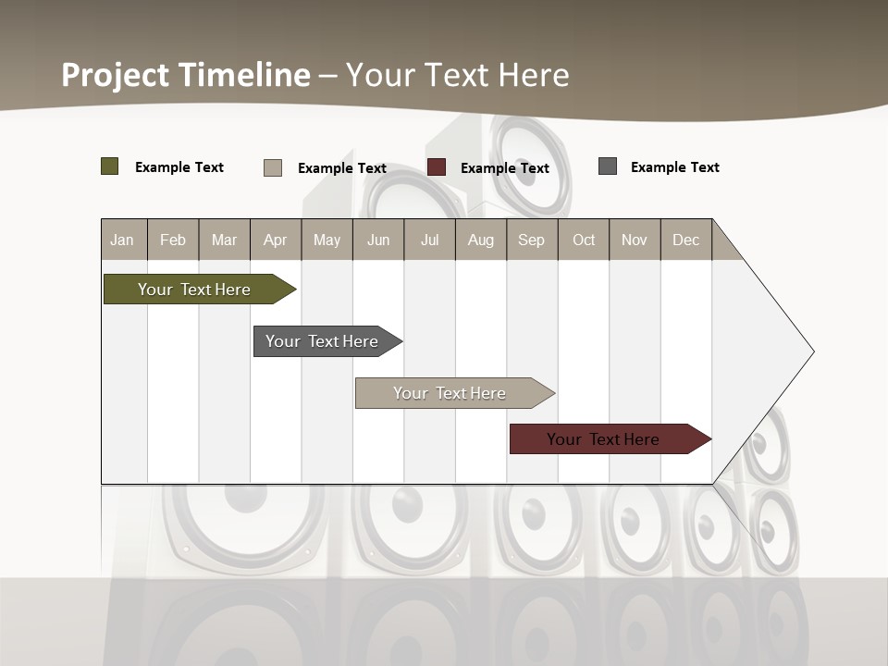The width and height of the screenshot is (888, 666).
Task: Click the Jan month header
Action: coord(122,240)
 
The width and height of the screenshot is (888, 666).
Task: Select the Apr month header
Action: coord(276,240)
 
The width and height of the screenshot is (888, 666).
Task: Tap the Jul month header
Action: coord(429,240)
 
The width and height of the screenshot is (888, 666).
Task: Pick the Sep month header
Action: coord(531,240)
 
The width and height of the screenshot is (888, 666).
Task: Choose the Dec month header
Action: coord(685,240)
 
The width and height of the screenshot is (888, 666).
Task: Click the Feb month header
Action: coord(173,240)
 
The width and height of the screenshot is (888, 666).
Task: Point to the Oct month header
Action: coord(584,240)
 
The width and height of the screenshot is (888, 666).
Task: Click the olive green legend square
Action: coord(110,166)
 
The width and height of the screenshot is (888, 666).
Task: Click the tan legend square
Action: coord(273,167)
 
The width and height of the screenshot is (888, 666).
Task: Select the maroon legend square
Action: coord(437,167)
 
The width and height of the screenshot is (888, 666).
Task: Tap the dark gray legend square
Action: coord(608,166)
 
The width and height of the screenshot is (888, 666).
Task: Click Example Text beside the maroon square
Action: coord(505,168)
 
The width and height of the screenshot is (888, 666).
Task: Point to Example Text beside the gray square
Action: coord(675,167)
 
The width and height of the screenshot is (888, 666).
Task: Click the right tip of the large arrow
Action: coord(811,351)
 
